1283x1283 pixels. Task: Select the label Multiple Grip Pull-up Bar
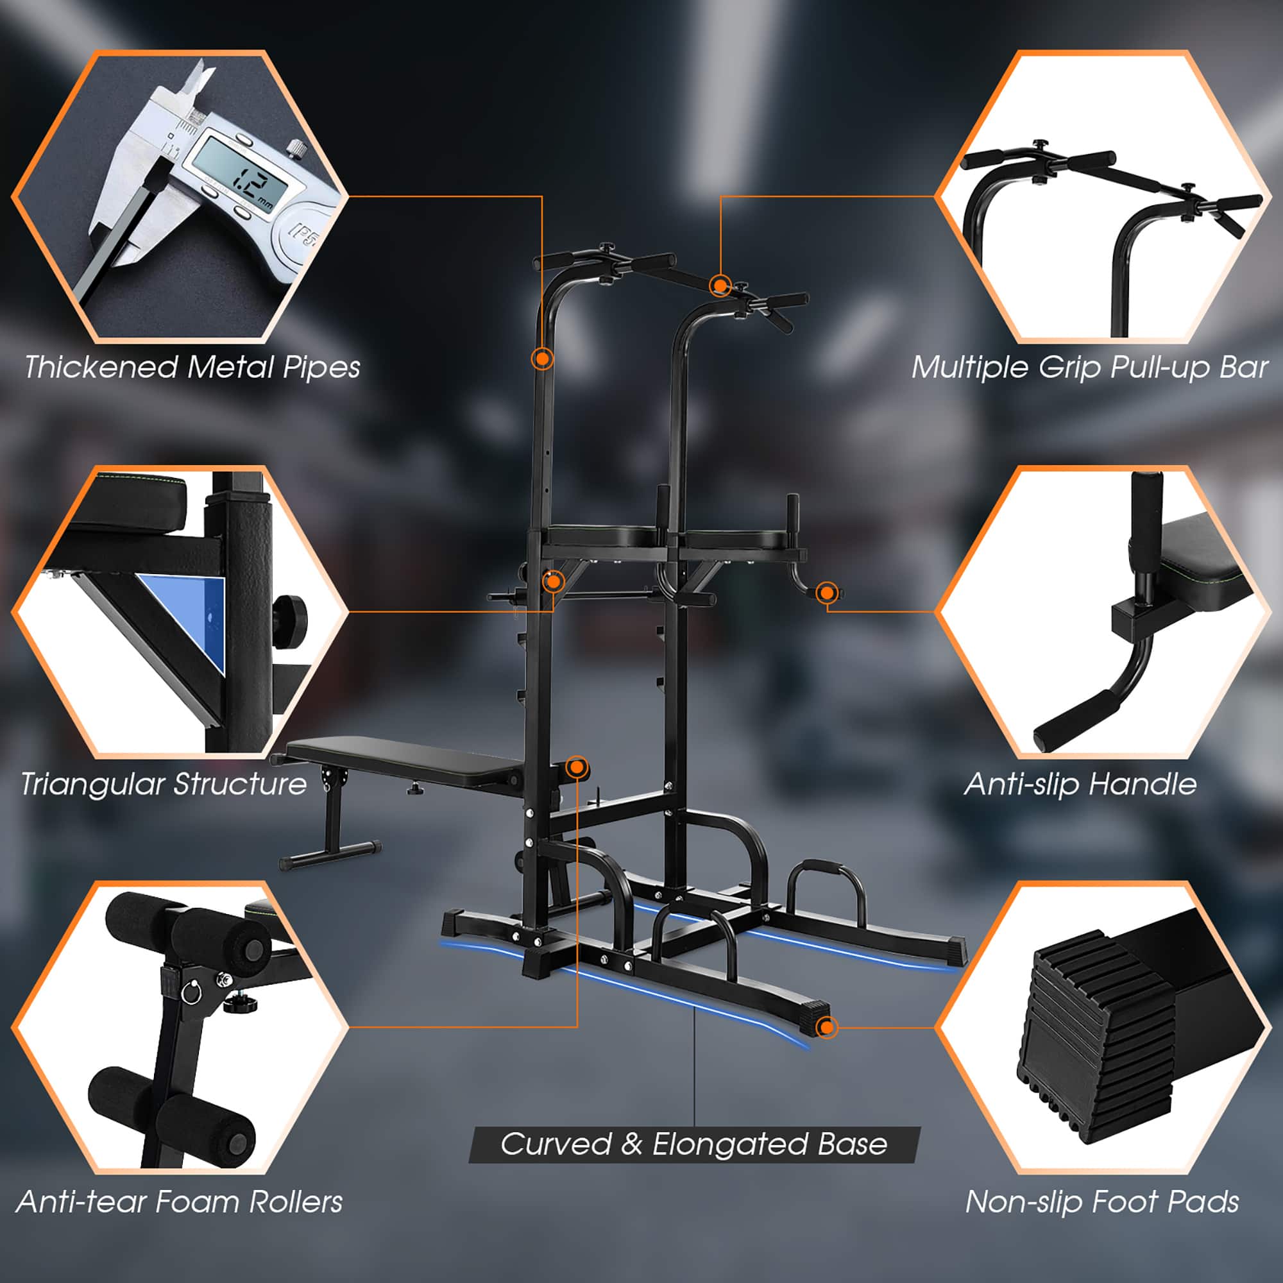pos(1089,367)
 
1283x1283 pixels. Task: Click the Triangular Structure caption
pos(164,784)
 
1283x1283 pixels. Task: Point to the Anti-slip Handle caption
pos(1080,784)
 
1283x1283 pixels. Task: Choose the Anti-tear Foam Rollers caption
pos(180,1202)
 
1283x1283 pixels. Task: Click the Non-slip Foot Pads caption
pos(1101,1202)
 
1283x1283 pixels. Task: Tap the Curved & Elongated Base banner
pos(694,1144)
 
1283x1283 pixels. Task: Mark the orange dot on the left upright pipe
pos(543,359)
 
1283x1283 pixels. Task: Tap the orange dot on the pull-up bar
pos(720,285)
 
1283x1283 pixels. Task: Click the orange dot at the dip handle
pos(826,592)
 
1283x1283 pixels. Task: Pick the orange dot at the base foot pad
pos(826,1027)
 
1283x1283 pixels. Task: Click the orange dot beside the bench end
pos(577,768)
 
